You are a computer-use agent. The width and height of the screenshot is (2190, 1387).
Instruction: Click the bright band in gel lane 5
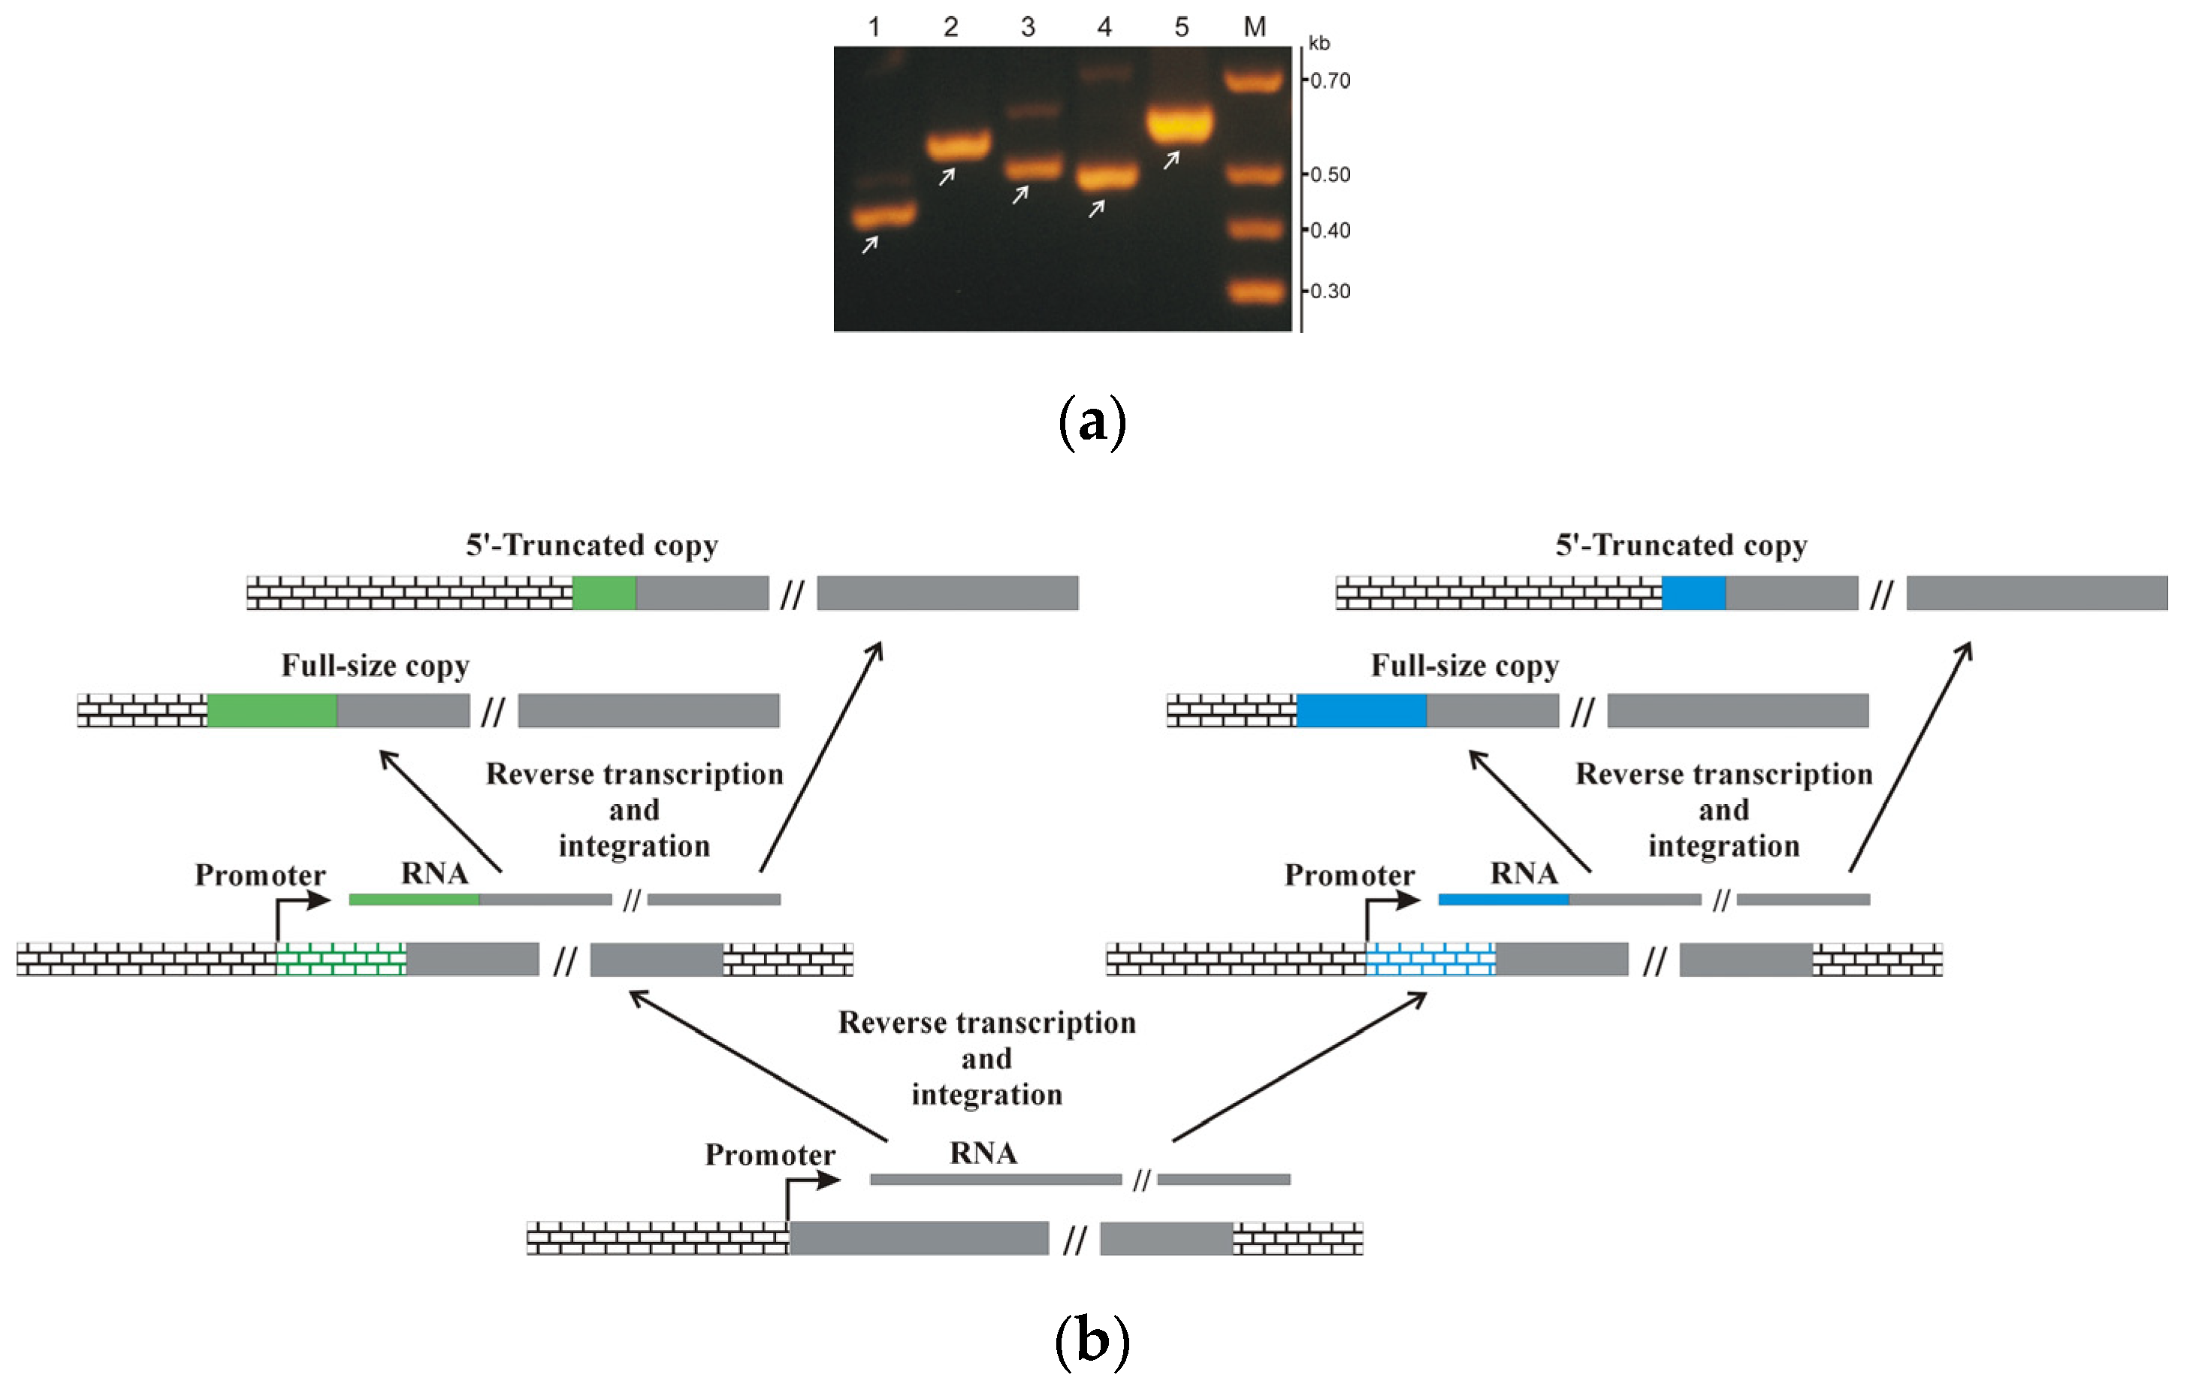pos(1180,125)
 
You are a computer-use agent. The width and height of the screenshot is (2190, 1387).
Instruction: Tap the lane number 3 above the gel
pos(1028,27)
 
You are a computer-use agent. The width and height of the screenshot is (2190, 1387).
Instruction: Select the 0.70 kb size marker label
pos(1330,81)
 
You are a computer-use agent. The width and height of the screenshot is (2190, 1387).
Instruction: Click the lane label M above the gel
pos(1255,27)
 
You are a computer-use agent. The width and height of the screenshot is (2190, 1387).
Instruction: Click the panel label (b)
pos(1092,1340)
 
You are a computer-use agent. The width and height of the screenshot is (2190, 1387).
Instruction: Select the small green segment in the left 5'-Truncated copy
pos(604,593)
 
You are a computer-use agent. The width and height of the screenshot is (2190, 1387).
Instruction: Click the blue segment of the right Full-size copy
pos(1361,710)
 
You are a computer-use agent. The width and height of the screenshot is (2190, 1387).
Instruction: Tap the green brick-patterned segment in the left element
pos(341,959)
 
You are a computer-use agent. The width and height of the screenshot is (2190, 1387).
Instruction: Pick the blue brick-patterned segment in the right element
pos(1430,959)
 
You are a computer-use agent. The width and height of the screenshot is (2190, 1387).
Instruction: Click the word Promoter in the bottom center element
pos(769,1155)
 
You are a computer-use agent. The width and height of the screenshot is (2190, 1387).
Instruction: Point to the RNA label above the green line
pos(435,873)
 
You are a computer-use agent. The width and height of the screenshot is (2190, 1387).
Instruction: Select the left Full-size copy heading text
pos(375,666)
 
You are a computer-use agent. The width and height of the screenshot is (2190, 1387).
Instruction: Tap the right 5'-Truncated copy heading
pos(1681,545)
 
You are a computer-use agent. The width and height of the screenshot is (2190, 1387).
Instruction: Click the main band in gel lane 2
pos(958,144)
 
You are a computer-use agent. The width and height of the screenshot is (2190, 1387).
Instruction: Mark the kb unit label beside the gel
pos(1319,44)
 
